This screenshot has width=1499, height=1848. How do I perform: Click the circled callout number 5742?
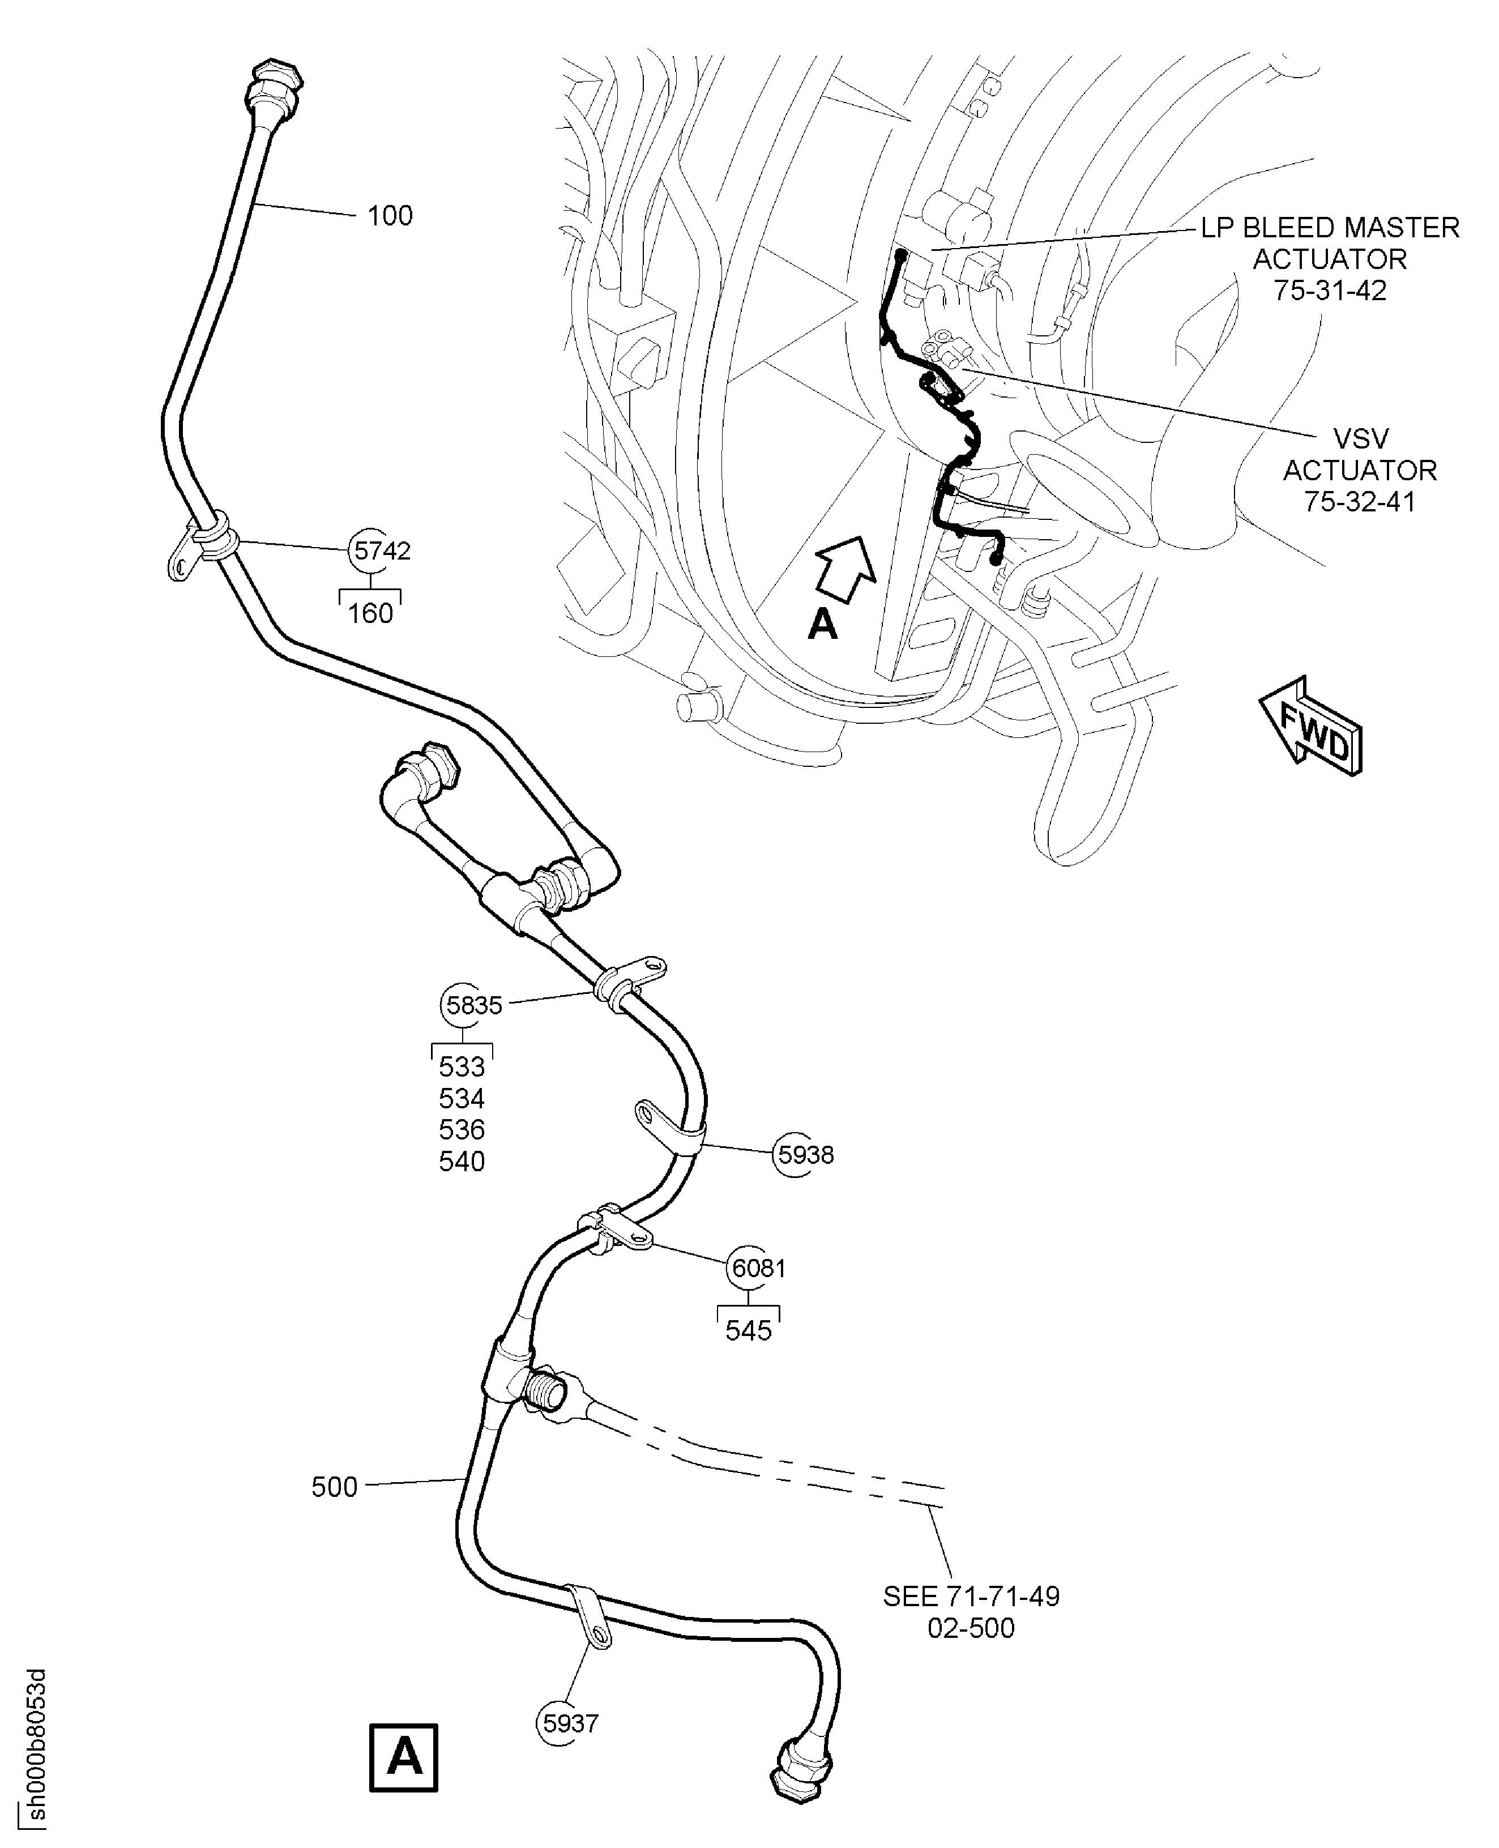[380, 550]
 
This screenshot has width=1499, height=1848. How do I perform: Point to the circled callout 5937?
[570, 1723]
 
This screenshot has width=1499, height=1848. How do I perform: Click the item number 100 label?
[390, 215]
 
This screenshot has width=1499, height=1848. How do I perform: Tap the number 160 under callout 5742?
[370, 613]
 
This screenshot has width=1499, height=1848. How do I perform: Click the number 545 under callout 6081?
[748, 1331]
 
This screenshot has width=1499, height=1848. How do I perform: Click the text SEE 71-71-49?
[971, 1596]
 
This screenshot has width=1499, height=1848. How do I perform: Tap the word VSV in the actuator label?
[1360, 439]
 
